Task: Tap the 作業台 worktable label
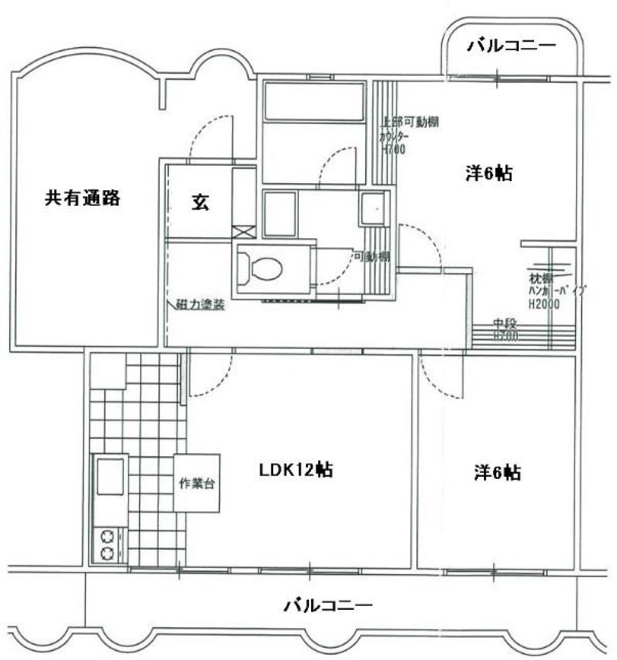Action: click(x=196, y=483)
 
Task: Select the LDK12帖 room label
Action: click(x=295, y=470)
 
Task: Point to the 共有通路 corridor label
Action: click(x=82, y=198)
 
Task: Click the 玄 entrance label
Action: click(x=199, y=202)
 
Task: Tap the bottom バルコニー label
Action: click(x=328, y=605)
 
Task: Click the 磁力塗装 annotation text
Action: click(x=200, y=306)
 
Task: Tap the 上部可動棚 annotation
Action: click(x=410, y=121)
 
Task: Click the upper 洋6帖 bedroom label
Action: click(x=488, y=174)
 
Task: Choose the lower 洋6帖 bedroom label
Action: click(x=497, y=474)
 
